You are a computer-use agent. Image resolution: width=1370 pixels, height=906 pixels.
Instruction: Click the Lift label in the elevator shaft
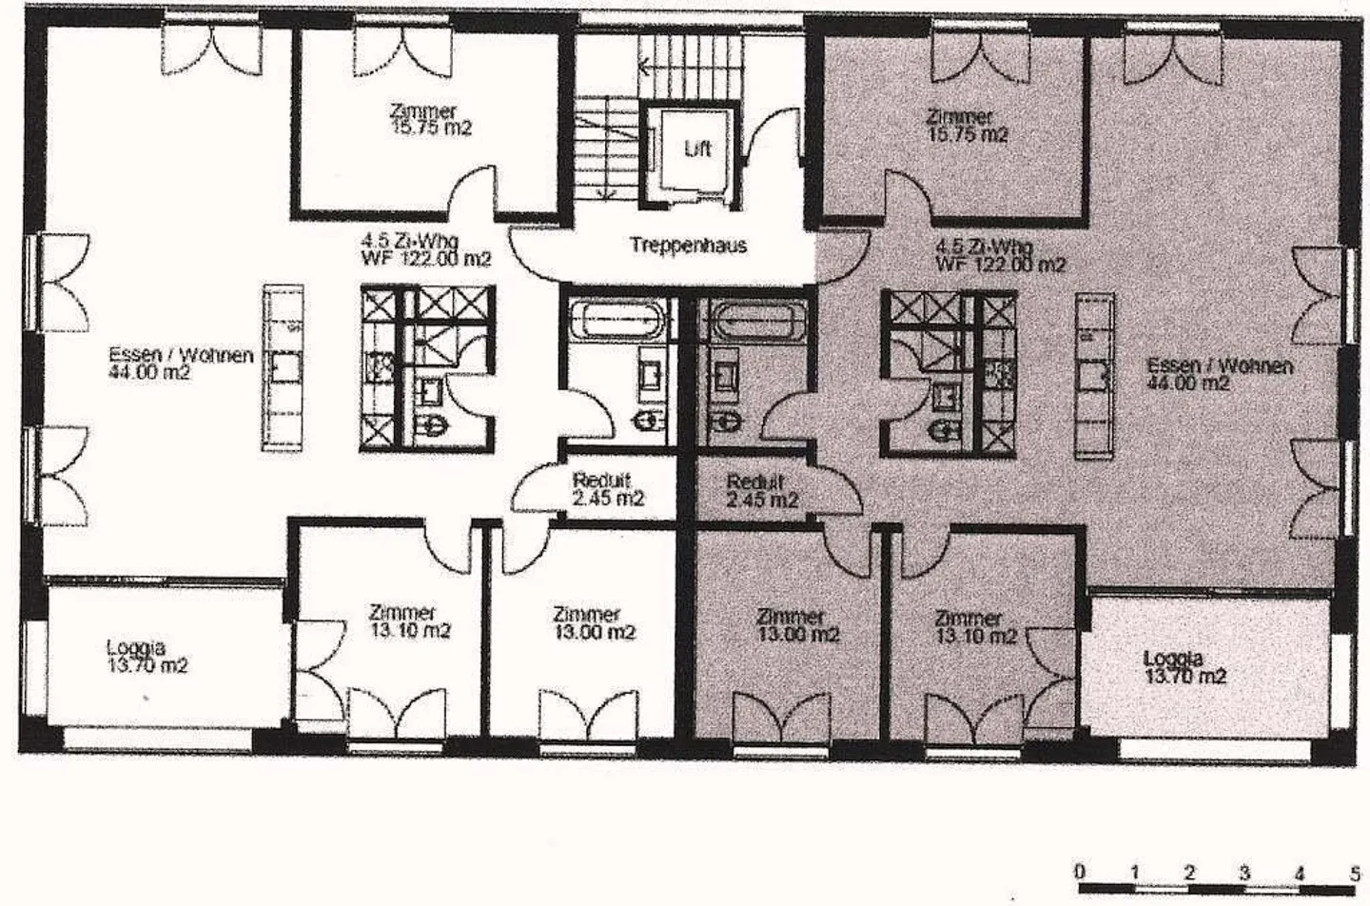click(697, 148)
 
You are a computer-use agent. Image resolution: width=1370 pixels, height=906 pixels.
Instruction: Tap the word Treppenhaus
click(688, 246)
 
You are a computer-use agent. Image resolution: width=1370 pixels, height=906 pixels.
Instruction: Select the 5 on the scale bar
click(1356, 873)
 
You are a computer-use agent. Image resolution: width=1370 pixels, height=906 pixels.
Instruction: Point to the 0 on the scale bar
click(1080, 871)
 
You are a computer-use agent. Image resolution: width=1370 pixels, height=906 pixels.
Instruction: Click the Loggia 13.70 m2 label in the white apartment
click(147, 657)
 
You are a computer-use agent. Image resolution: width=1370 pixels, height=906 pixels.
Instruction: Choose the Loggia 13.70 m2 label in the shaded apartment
click(1185, 667)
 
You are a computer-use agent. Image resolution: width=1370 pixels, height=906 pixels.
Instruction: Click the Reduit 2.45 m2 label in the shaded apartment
click(762, 491)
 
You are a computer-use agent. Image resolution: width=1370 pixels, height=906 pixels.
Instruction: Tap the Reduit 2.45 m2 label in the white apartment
click(608, 489)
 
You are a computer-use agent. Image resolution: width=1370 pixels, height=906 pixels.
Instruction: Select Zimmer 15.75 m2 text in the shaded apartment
click(968, 126)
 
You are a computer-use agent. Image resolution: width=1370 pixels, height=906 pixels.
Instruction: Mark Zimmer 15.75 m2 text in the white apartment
click(431, 120)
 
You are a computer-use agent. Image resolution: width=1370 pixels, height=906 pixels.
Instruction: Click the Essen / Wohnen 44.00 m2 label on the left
click(181, 364)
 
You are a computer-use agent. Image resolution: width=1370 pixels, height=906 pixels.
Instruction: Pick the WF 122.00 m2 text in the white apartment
click(426, 260)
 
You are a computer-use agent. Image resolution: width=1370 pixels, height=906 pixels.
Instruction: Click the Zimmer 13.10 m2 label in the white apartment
click(410, 620)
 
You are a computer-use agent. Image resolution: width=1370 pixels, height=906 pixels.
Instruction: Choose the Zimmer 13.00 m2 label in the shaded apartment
click(798, 625)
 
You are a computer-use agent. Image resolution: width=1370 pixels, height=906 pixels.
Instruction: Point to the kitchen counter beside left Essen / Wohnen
click(283, 368)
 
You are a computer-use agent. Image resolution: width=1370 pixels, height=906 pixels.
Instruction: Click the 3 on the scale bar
click(1244, 873)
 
